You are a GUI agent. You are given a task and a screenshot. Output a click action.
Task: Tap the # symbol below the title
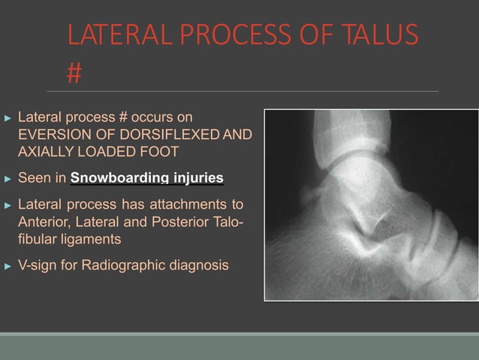[x=74, y=73]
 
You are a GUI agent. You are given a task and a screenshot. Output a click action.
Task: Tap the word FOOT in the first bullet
[x=161, y=151]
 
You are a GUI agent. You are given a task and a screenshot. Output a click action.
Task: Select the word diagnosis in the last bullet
[x=201, y=265]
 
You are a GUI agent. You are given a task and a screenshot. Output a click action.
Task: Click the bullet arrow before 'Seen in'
[x=8, y=179]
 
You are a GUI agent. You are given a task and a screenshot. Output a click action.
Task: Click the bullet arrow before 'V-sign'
[x=8, y=266]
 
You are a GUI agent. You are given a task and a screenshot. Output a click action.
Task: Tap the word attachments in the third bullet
[x=197, y=204]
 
